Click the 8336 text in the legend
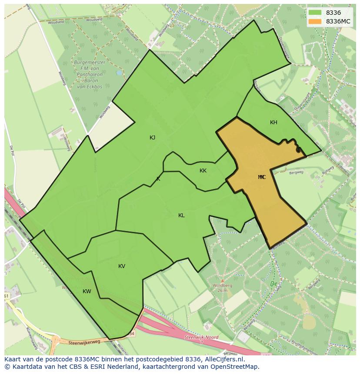coord(333,13)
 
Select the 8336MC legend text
coord(338,21)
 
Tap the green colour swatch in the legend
coord(315,13)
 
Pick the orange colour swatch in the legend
coord(315,21)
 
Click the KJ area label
coord(153,138)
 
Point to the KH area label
coord(273,122)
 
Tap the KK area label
coord(203,171)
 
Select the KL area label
coord(181,215)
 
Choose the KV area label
coord(122,266)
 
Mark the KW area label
coord(87,291)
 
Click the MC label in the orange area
coord(262,177)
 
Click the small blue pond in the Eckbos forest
coord(119,73)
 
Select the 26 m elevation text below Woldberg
coord(223,290)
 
